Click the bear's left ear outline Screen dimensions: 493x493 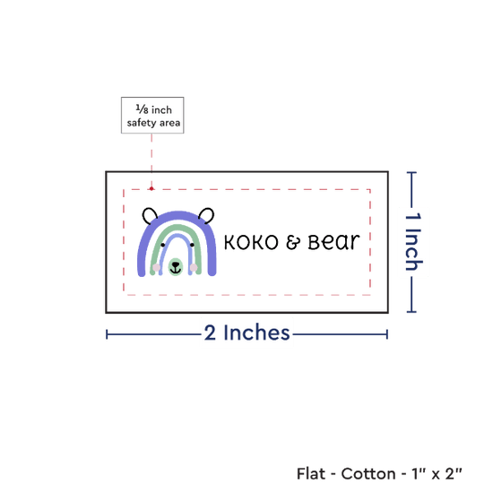point(145,212)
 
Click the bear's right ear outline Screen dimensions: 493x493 point(212,212)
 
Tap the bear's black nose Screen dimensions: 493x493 point(176,264)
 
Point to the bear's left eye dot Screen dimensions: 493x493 point(163,245)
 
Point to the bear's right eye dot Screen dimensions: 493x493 point(192,245)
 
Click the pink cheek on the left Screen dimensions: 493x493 point(157,268)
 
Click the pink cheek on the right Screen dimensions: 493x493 point(194,268)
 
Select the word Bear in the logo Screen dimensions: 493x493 point(333,242)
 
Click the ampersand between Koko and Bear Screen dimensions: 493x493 point(293,242)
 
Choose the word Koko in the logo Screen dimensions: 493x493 point(251,242)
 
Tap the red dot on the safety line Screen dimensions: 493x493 point(151,188)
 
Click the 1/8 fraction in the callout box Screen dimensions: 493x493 point(142,109)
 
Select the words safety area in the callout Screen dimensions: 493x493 point(153,123)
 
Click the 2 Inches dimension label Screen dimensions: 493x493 point(246,333)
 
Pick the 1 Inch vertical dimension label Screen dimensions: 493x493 point(413,241)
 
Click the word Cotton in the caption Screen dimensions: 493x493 point(368,473)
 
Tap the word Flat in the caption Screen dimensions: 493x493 point(311,473)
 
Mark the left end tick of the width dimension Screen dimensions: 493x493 point(107,334)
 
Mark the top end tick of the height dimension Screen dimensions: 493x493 point(411,172)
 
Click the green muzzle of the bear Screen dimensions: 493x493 point(176,267)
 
